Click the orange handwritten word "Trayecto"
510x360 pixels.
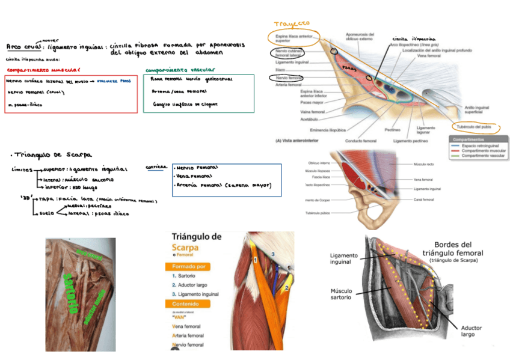click(x=292, y=24)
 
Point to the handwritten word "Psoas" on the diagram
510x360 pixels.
click(x=349, y=69)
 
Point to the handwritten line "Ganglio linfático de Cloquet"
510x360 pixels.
click(x=185, y=103)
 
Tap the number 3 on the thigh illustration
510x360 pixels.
click(x=272, y=254)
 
